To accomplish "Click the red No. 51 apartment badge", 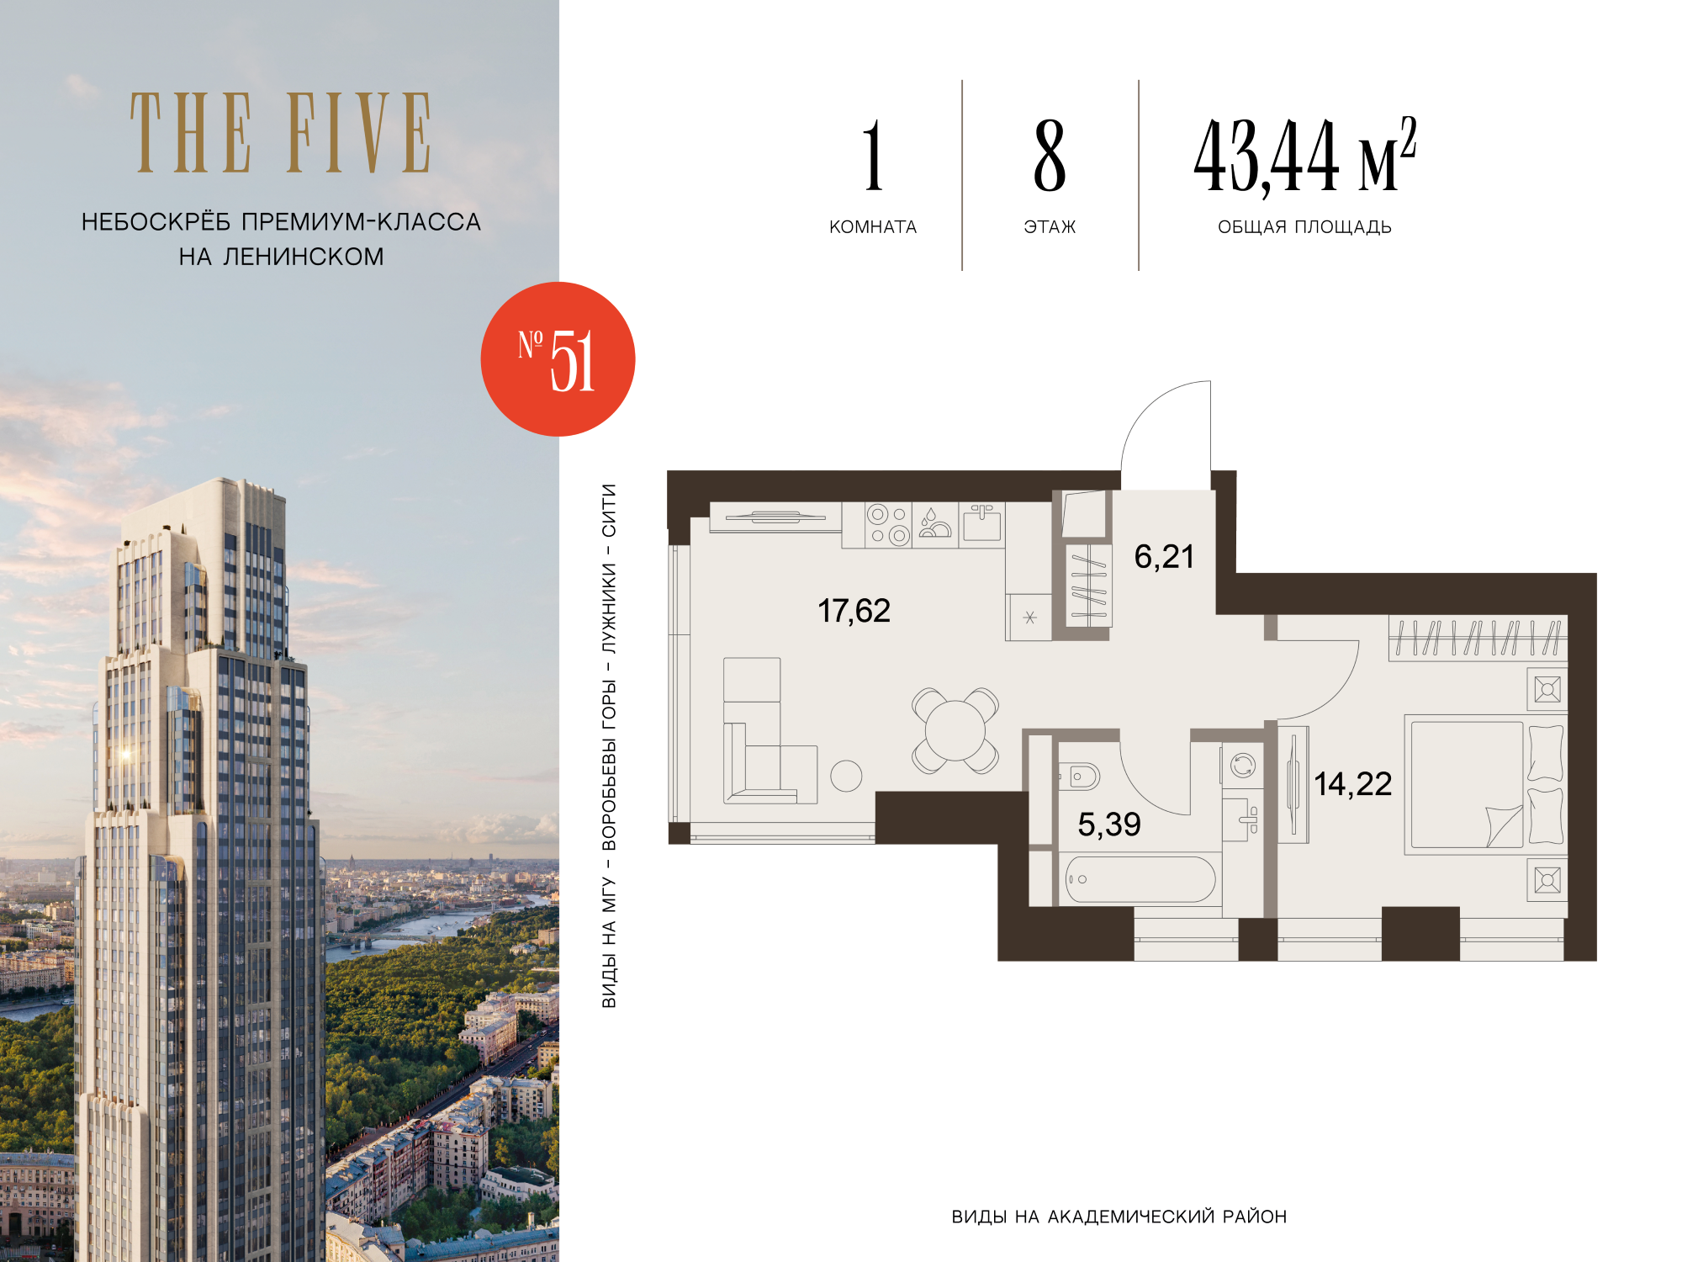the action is (558, 359).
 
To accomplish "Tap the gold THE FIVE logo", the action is (281, 133).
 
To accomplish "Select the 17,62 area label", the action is (854, 611).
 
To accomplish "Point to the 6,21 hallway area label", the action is (1164, 557).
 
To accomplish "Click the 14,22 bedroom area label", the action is (1353, 784).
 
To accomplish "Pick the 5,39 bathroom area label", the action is (1109, 825).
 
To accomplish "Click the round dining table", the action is (955, 730).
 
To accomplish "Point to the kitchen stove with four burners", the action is (888, 525).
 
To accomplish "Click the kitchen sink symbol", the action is (981, 523).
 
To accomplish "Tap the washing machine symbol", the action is (1242, 766).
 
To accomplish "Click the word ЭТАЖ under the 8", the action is (1050, 227).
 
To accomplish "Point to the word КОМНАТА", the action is (873, 227).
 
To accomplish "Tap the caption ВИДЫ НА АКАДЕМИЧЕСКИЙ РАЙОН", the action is (1119, 1217).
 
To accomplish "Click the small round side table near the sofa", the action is (846, 776).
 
